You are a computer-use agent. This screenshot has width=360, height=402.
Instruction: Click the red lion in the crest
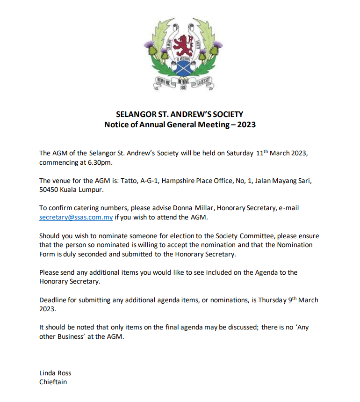[x=180, y=44]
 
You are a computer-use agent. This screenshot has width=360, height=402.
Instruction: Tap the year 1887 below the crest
[x=180, y=88]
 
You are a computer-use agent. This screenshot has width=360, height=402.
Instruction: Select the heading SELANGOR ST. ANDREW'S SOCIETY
[x=180, y=114]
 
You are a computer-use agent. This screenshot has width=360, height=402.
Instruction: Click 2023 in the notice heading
[x=246, y=125]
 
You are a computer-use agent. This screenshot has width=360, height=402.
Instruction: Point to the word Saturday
[x=240, y=153]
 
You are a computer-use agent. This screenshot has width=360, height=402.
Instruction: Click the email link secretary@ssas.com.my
[x=76, y=218]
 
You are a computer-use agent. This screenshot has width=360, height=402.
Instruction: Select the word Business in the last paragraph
[x=72, y=337]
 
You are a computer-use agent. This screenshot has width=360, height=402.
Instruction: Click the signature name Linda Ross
[x=55, y=373]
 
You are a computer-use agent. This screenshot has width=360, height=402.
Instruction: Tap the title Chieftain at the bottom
[x=53, y=382]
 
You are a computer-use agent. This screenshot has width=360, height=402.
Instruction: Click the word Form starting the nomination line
[x=47, y=254]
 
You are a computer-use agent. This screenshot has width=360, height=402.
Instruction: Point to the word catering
[x=82, y=208]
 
